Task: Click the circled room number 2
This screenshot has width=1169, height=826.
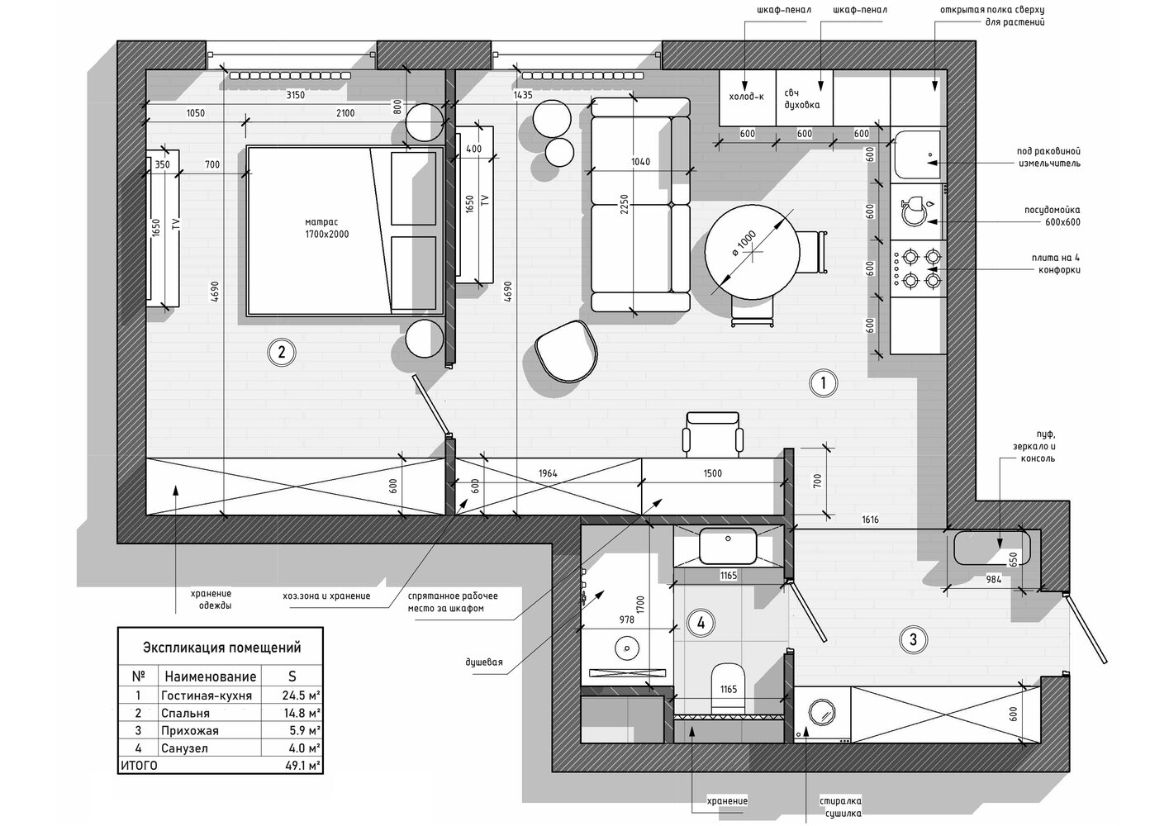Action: (x=281, y=352)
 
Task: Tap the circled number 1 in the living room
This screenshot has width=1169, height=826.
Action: (x=823, y=383)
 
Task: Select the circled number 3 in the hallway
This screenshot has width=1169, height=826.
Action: (x=913, y=639)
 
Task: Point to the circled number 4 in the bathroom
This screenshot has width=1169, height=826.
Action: (x=701, y=623)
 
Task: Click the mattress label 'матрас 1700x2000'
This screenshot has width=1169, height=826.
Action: (x=326, y=229)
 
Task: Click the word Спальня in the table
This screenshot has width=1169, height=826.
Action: (x=185, y=714)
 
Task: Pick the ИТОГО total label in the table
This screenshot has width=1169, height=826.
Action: (x=139, y=766)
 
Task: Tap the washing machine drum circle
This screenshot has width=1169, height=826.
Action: (x=821, y=712)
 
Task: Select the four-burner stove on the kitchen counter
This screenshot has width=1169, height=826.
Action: (x=918, y=268)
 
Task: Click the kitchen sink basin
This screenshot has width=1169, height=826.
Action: (x=918, y=154)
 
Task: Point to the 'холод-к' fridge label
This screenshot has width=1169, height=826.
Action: (x=746, y=96)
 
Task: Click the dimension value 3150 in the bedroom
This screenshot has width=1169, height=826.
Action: (x=295, y=95)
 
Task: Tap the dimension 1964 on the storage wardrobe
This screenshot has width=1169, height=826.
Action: (x=548, y=473)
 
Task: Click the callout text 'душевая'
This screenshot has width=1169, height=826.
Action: (x=484, y=662)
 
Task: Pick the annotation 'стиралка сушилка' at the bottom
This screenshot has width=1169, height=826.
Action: (x=840, y=807)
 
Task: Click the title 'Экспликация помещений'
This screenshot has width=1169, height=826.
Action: (x=221, y=648)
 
